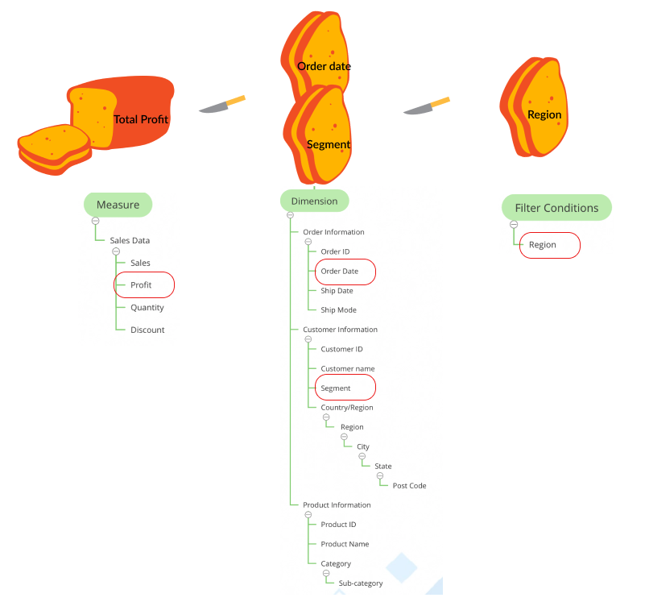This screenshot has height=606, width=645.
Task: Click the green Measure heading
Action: (x=118, y=205)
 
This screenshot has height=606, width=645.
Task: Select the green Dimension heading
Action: (x=314, y=201)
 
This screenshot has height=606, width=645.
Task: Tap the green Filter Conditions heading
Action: (x=556, y=208)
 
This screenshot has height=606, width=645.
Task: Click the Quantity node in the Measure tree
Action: (x=147, y=307)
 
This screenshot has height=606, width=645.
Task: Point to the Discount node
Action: (x=147, y=330)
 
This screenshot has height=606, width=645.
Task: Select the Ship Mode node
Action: (x=338, y=310)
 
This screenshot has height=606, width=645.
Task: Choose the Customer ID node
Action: (x=341, y=349)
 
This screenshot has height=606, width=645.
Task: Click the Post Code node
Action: (x=409, y=486)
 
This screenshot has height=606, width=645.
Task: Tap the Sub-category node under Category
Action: (x=360, y=583)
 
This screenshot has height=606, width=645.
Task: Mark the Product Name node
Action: (x=345, y=544)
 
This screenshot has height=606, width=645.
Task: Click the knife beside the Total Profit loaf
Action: (x=221, y=105)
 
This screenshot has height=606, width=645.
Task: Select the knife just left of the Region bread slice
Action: (x=426, y=106)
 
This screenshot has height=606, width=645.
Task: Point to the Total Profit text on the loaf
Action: (x=141, y=119)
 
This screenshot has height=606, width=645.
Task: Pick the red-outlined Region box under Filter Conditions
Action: (x=549, y=245)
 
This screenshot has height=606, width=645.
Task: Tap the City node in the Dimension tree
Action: (x=363, y=446)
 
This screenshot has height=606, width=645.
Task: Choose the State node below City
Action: (x=383, y=466)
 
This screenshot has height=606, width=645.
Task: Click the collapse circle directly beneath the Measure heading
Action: (x=95, y=221)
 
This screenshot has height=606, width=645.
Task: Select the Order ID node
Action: (x=335, y=251)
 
